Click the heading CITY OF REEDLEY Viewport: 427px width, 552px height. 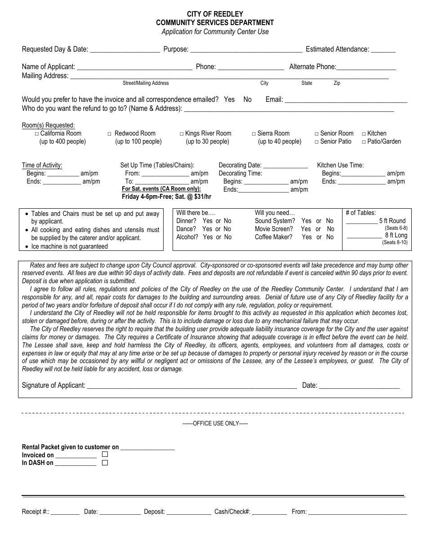[x=215, y=14]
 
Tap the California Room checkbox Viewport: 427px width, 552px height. [x=37, y=134]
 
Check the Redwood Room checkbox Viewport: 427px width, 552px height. [x=110, y=134]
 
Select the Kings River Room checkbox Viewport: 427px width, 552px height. [x=182, y=134]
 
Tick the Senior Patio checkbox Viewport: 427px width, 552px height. [x=317, y=142]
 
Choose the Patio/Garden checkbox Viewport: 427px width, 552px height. [x=364, y=142]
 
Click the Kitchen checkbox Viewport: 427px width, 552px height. [x=364, y=134]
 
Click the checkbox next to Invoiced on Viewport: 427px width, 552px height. [x=105, y=455]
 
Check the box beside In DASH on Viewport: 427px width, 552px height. [x=105, y=463]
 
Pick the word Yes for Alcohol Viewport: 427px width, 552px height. [x=208, y=237]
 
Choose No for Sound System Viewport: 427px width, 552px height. [x=330, y=221]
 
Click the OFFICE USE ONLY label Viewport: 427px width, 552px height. [x=215, y=423]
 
